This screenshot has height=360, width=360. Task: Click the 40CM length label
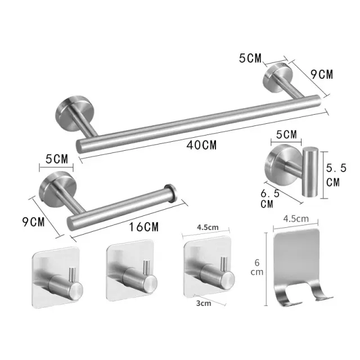pos(201,145)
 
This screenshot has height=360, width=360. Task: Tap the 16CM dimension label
pos(144,227)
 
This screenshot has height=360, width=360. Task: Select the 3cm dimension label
pos(204,303)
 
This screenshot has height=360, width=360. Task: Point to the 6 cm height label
pos(257,267)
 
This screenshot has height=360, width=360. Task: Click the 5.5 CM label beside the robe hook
pos(336,175)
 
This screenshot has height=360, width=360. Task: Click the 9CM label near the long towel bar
pos(322,74)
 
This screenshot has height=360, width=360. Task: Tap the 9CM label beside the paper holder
pos(34,222)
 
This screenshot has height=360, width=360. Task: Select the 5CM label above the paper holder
pos(57,159)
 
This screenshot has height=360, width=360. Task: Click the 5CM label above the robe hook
pos(286,134)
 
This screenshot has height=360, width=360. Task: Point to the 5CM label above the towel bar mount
pos(250,58)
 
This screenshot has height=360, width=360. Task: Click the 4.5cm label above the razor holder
pos(296,219)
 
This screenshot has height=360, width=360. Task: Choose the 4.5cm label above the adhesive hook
pos(208,227)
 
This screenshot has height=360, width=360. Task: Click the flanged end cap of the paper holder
pos(170,193)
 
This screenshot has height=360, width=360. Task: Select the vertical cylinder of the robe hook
pos(310,173)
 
